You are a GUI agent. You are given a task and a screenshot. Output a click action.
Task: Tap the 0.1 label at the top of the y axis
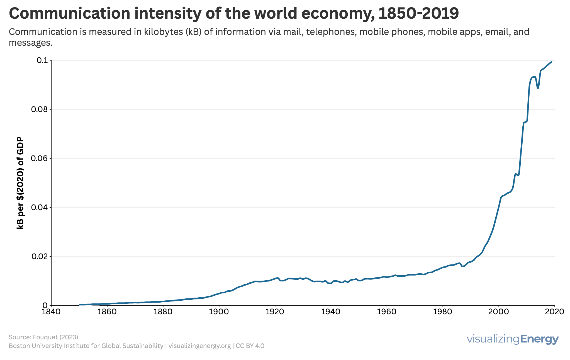coord(42,60)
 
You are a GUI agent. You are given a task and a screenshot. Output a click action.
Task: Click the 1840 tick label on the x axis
coord(51,312)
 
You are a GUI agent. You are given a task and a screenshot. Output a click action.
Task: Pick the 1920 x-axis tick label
coord(275,312)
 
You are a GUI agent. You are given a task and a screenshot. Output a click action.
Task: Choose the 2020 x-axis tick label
coord(554,312)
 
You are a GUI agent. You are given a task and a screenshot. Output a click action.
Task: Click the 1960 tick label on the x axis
coord(387,312)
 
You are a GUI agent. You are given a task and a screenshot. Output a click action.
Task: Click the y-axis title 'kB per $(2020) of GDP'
coord(20,183)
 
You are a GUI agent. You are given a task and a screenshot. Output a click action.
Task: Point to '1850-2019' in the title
coord(418,13)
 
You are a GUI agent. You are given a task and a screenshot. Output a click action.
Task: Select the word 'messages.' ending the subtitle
coord(31,43)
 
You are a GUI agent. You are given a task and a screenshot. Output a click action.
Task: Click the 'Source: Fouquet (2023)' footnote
coord(43,337)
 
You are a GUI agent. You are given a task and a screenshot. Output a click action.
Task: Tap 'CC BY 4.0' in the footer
coord(250,346)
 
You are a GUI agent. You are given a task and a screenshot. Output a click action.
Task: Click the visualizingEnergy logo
coord(513,339)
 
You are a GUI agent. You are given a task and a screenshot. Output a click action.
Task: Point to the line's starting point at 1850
coord(79,305)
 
